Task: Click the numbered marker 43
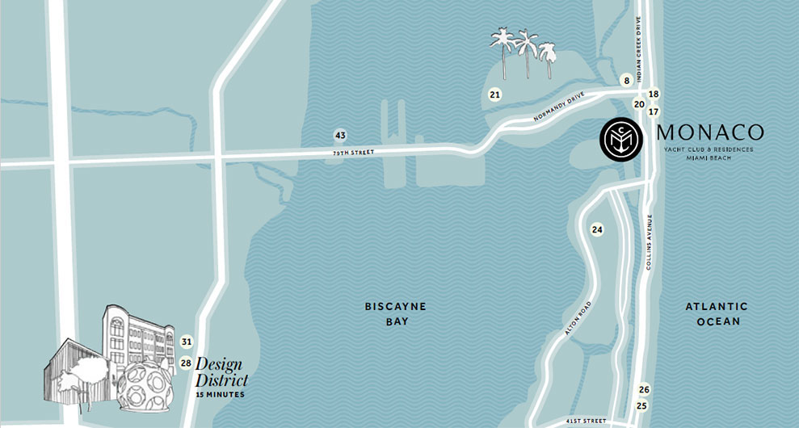coord(340,135)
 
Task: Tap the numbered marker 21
coord(495,95)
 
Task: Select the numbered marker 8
coord(625,81)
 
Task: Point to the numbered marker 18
coord(654,94)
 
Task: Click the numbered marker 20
coord(638,104)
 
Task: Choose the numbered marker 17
coord(654,111)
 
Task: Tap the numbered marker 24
coord(597,230)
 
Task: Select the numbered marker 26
coord(643,389)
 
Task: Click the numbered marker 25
coord(642,405)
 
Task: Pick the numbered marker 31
coord(187,342)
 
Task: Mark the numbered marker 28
coord(186,363)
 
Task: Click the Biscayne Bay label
coord(395,314)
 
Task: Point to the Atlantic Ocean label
coord(717,314)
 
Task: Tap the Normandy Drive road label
coord(558,112)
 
